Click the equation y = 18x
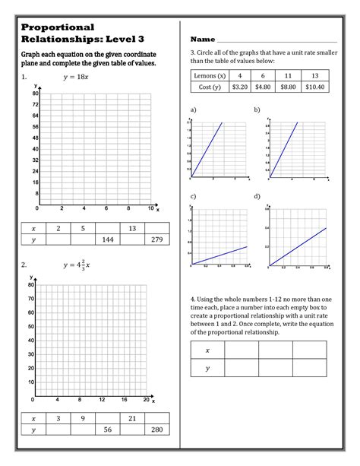tap(76, 78)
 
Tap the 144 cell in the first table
tap(107, 239)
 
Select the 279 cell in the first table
tap(158, 239)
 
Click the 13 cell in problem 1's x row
tap(132, 228)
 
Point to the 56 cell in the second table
tap(107, 430)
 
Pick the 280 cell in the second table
tap(158, 430)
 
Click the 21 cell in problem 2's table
tap(132, 418)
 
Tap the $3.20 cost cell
tap(240, 87)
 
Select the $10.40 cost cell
tap(314, 87)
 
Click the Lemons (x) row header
tap(210, 76)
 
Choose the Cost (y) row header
tap(210, 87)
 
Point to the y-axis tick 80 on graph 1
tap(36, 92)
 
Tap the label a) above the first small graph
tap(194, 109)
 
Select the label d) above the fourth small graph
tap(257, 196)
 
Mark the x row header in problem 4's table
tap(207, 350)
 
